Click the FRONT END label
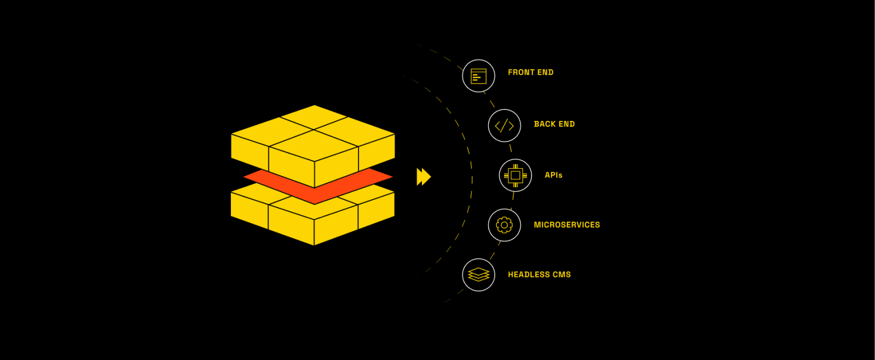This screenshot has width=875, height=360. click(x=530, y=72)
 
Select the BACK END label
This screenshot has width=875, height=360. click(x=554, y=124)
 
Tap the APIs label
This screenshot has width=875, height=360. click(x=553, y=175)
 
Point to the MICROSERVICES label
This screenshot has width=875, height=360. click(x=566, y=225)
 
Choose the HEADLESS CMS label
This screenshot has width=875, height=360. click(x=539, y=275)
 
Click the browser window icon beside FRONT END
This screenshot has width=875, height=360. click(x=479, y=76)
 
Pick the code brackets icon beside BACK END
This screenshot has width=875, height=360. click(x=504, y=126)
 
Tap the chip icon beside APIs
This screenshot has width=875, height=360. click(x=515, y=176)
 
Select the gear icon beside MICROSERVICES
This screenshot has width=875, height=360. click(x=504, y=225)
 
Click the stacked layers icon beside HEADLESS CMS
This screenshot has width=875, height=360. click(x=479, y=275)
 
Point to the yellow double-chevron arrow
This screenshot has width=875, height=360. click(x=424, y=177)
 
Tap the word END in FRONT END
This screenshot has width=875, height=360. click(x=545, y=72)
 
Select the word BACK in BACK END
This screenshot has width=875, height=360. click(x=544, y=124)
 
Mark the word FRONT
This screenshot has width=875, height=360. click(x=521, y=72)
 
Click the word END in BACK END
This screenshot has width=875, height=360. click(x=566, y=124)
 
